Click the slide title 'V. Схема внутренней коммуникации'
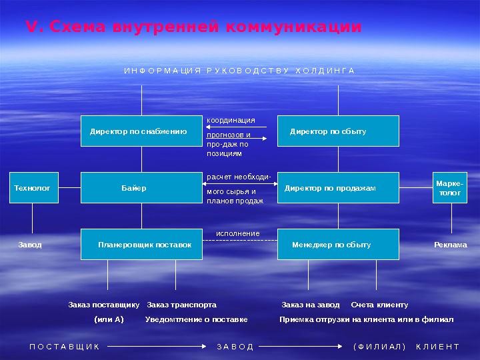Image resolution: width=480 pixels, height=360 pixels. tap(193, 27)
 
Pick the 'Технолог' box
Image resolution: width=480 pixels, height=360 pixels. tap(32, 188)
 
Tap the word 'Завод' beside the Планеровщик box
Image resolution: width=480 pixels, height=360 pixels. tap(30, 245)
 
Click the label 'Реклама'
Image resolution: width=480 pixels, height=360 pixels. tap(450, 245)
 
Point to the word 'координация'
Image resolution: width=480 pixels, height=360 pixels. tap(231, 120)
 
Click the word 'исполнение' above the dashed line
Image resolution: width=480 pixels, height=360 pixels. tap(237, 233)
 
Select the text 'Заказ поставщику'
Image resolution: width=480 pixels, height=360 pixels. tap(103, 305)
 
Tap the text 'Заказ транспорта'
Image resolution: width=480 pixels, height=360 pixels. tap(181, 305)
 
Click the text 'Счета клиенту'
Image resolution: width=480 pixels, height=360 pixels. tap(379, 305)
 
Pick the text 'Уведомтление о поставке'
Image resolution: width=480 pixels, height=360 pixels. tap(196, 319)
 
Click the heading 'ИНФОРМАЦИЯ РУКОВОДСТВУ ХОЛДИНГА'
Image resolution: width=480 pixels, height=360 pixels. tap(239, 71)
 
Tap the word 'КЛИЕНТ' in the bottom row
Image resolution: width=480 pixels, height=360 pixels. tap(437, 347)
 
